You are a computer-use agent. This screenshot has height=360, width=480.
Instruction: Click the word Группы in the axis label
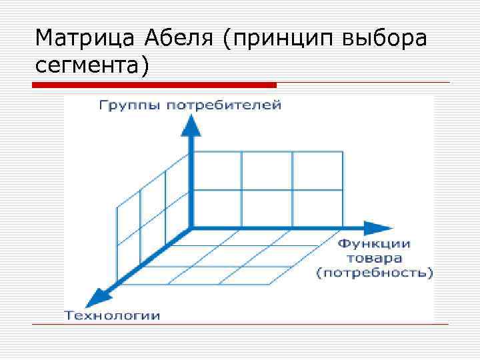(127, 105)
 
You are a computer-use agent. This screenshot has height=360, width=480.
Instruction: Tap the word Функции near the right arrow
(374, 244)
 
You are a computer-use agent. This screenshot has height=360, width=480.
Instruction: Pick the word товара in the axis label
(374, 258)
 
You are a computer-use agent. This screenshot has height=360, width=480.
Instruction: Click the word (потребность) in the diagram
(374, 273)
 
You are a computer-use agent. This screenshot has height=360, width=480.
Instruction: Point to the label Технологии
(112, 315)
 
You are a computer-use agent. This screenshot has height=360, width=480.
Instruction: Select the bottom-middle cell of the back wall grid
(267, 209)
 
